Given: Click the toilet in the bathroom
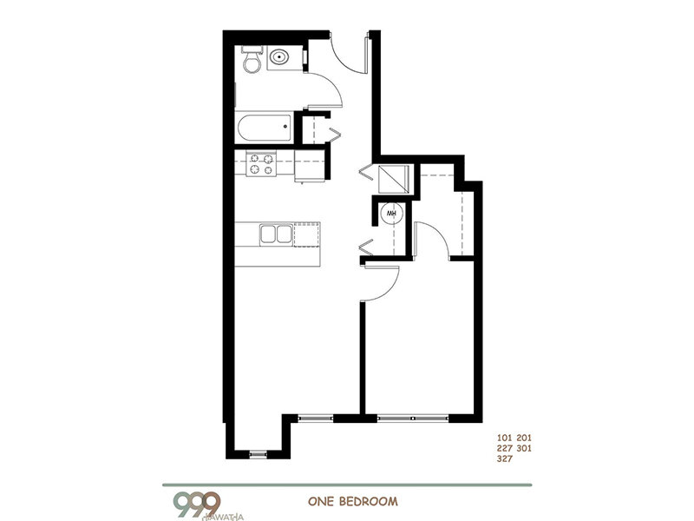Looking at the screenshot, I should tap(252, 60).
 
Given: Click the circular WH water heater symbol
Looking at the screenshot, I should tap(391, 212).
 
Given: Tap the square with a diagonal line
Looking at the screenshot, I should tap(391, 179).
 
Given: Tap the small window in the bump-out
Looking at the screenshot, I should tap(259, 452).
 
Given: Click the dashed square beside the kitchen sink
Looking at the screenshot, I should tap(306, 234).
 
